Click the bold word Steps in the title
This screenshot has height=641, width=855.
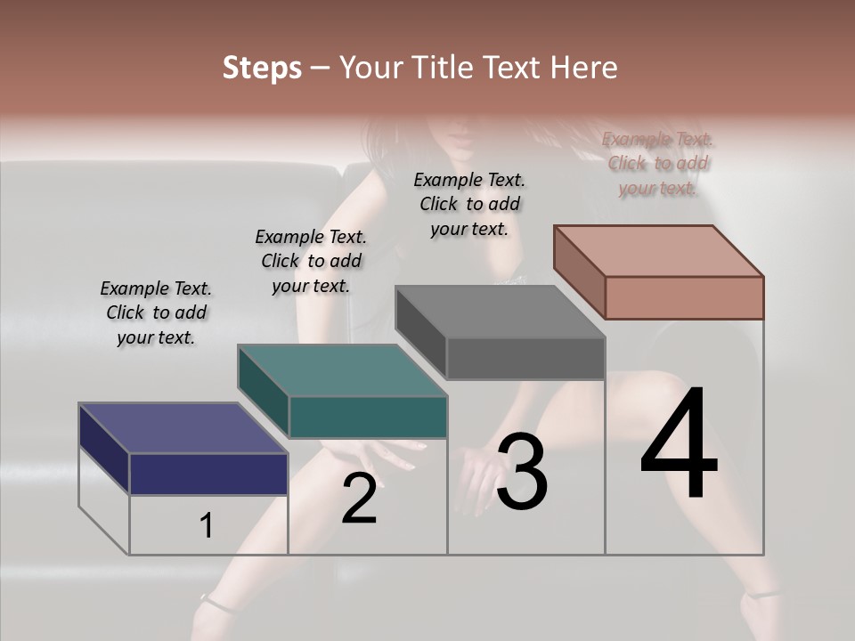tap(262, 68)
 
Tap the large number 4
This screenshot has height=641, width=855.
tap(680, 445)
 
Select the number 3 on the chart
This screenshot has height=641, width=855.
tap(522, 472)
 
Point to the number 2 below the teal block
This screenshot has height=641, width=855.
tap(359, 499)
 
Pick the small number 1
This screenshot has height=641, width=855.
tap(207, 526)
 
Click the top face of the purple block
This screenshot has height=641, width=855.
tap(183, 428)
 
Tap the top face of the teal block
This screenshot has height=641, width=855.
tap(342, 370)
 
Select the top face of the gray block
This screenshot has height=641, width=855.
tap(500, 312)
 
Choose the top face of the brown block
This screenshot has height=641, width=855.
tap(658, 251)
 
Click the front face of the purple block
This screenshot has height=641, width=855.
tap(208, 474)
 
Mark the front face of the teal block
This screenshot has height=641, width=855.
tap(368, 417)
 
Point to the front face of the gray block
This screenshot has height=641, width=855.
tap(525, 359)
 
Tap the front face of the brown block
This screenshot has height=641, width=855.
tap(684, 297)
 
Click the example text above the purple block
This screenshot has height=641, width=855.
tap(156, 313)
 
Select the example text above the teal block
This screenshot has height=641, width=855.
tap(311, 262)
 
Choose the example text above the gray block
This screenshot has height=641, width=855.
tap(469, 204)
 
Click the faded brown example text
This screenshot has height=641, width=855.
tap(658, 164)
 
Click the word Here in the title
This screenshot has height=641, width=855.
tap(584, 68)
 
